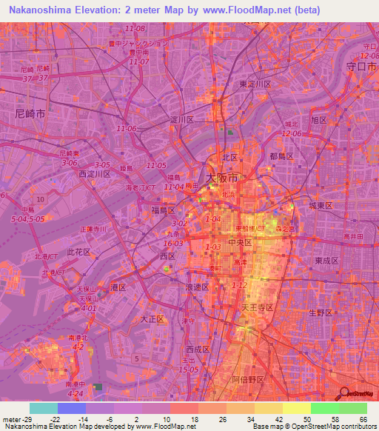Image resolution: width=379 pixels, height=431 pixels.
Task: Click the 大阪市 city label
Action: click(222, 178)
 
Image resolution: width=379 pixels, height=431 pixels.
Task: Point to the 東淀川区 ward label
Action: click(255, 84)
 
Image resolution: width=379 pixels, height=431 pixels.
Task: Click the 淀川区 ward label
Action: click(181, 119)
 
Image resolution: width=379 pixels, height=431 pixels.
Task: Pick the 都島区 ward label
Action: click(282, 156)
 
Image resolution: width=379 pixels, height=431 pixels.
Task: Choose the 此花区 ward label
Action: click(78, 252)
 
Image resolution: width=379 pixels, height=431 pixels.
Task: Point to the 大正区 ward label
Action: click(154, 319)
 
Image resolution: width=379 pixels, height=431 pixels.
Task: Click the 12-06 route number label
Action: click(292, 133)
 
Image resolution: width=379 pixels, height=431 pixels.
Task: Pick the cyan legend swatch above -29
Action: click(44, 408)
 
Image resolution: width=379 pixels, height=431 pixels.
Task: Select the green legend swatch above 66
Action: click(353, 408)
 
